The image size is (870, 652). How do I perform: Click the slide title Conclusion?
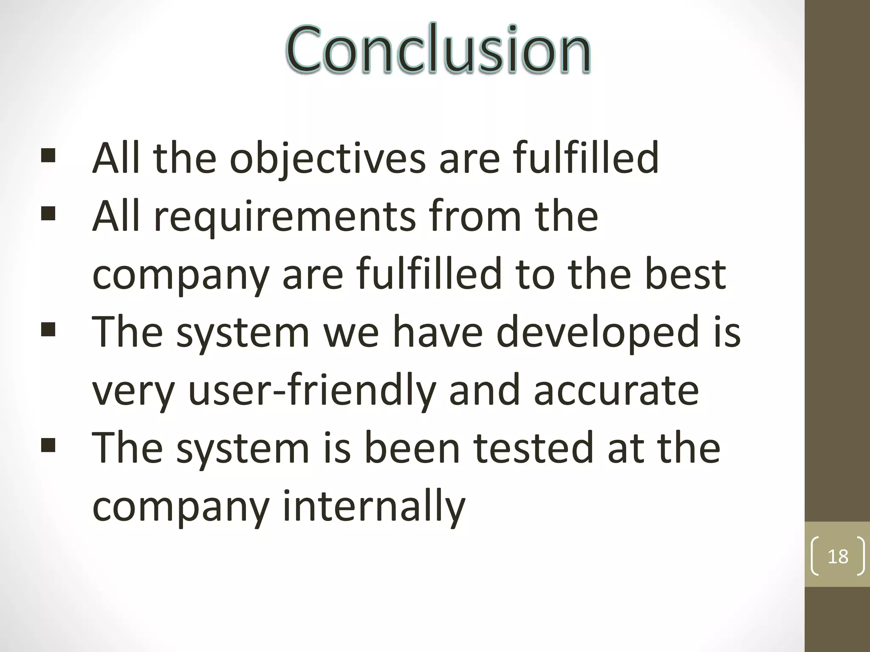[x=438, y=49]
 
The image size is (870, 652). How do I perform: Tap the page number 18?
[x=838, y=556]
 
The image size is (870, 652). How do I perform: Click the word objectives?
[x=328, y=158]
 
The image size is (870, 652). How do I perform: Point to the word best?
[x=685, y=274]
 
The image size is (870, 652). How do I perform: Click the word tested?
[x=533, y=448]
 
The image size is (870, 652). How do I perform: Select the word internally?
[x=374, y=506]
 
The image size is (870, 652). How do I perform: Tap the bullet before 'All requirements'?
[x=48, y=214]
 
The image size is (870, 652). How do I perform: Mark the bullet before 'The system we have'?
[x=48, y=329]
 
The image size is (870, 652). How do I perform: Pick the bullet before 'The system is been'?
[x=48, y=445]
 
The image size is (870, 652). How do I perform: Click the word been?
[x=412, y=448]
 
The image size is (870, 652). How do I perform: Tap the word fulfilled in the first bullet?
[x=586, y=158]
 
